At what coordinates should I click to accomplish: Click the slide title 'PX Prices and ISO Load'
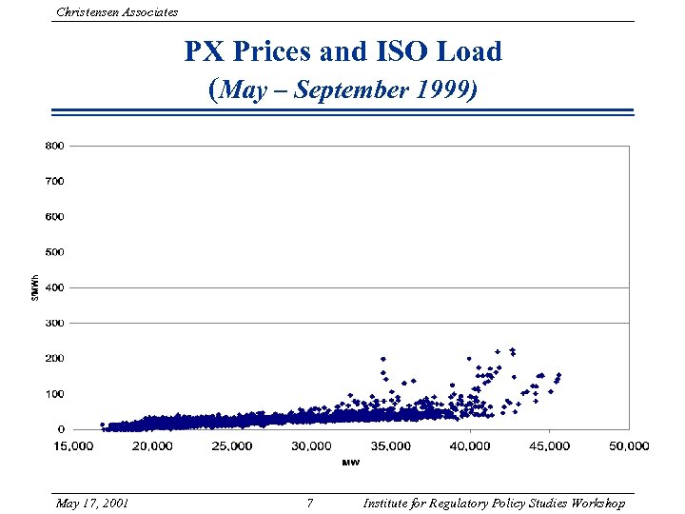tap(342, 51)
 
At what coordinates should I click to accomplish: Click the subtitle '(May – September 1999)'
tap(342, 89)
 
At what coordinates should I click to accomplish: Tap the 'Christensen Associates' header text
tap(117, 11)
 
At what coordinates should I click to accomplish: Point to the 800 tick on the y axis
tap(54, 146)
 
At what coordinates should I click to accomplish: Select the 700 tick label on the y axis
tap(54, 181)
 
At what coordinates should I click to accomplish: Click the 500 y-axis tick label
tap(54, 252)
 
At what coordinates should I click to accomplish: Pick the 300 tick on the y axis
tap(54, 323)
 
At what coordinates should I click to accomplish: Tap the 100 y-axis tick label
tap(54, 393)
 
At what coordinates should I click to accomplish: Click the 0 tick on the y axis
tap(60, 429)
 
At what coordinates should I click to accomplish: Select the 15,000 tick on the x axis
tap(72, 445)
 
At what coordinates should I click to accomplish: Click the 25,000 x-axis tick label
tap(231, 445)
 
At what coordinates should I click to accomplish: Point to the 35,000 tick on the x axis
tap(390, 445)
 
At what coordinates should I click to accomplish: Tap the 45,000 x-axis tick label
tap(549, 445)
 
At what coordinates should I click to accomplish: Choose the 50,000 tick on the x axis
tap(628, 445)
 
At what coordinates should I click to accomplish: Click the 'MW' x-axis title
tap(350, 463)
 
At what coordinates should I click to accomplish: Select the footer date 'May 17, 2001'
tap(93, 503)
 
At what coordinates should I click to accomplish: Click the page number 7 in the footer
tap(309, 503)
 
